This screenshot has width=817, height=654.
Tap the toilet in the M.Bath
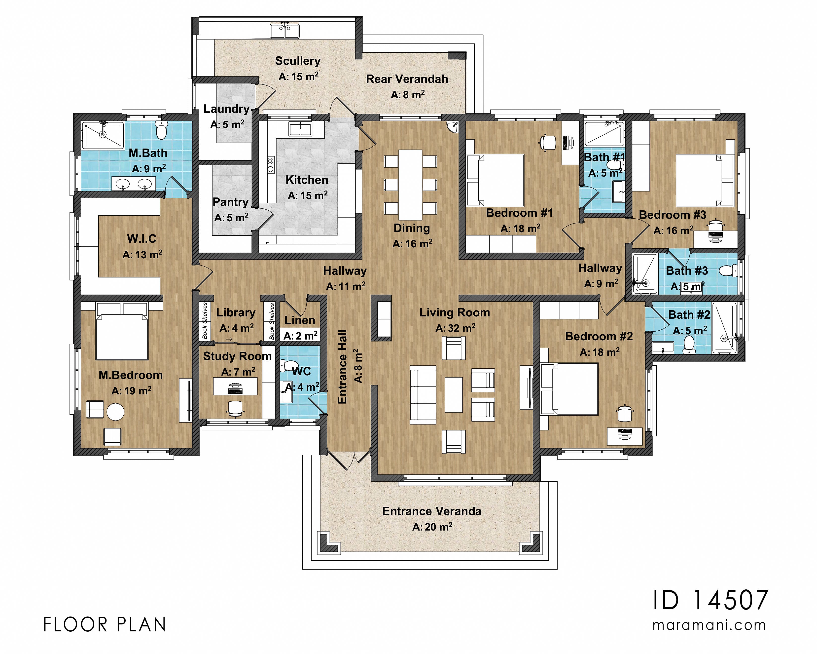coord(161,130)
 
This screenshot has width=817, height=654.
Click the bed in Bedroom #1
coord(495,180)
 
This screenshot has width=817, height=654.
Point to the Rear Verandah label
coord(407,79)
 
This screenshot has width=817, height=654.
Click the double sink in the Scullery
coord(284,31)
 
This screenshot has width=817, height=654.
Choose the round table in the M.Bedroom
coord(115,412)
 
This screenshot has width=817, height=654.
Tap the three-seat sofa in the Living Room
coord(423,395)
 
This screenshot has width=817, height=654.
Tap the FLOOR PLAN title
coord(105,625)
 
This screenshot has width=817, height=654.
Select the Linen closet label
coord(300,320)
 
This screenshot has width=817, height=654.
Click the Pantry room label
coord(230,202)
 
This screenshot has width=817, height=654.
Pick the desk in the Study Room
coord(235,386)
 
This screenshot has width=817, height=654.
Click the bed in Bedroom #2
coord(569,389)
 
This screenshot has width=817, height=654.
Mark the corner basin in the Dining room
coord(453,127)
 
